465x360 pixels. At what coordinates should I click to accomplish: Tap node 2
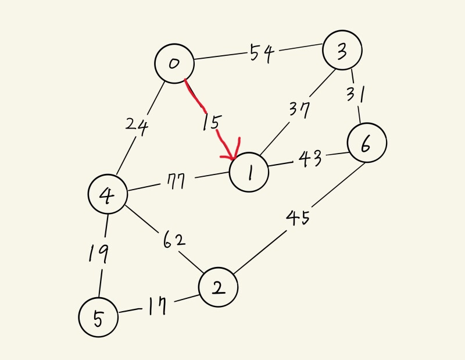coord(218,287)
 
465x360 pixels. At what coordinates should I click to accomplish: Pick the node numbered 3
coord(343,51)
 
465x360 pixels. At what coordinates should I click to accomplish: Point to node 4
coord(108,195)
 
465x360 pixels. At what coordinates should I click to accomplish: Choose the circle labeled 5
coord(98,317)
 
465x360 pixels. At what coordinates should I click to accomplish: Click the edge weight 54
coord(262,54)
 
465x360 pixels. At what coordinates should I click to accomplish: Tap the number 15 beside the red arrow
coord(211,123)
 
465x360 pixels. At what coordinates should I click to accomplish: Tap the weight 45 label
coord(297,219)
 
